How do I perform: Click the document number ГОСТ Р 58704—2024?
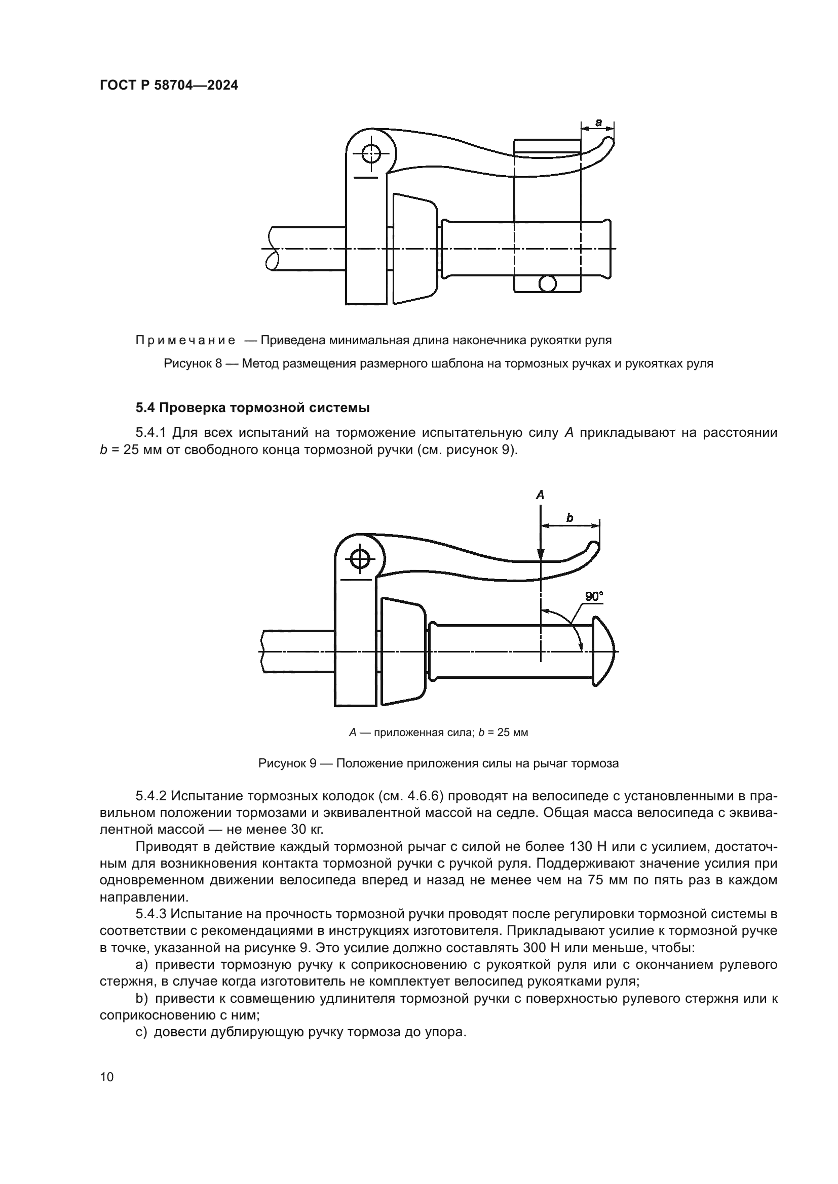169,86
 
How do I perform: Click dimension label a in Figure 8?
598,123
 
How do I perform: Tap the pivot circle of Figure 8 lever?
370,153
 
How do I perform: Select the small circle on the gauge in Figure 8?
547,282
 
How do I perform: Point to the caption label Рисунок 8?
193,363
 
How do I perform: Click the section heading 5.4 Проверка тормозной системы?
252,408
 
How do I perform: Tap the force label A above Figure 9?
540,495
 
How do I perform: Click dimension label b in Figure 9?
569,518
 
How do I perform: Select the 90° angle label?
594,597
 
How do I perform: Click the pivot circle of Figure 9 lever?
360,559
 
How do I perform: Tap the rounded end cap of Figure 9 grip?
604,651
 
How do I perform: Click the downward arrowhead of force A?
540,555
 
